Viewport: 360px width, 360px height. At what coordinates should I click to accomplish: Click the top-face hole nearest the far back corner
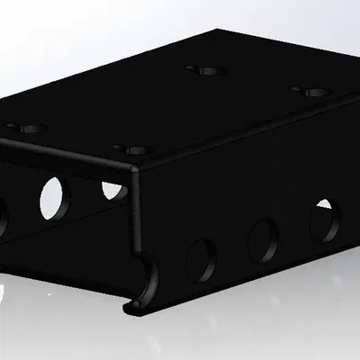click(204, 68)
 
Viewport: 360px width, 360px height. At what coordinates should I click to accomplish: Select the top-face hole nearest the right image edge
click(311, 92)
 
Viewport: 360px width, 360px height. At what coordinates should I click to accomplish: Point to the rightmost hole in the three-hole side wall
click(325, 220)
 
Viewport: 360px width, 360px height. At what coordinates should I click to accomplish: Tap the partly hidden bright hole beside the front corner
click(114, 191)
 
